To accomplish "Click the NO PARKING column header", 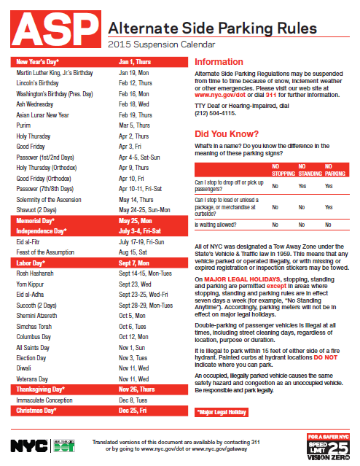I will tap(334, 171).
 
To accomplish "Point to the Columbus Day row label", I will tap(34, 337).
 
